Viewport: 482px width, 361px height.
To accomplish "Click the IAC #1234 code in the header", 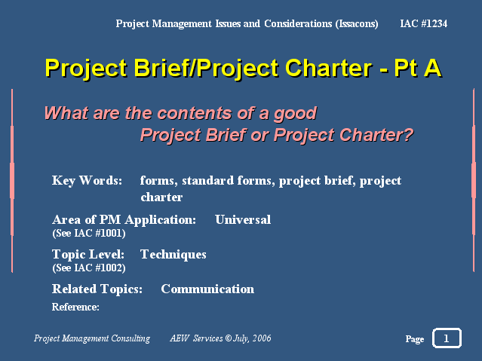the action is (x=424, y=23).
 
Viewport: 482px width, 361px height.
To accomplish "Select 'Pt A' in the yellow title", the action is (x=418, y=68).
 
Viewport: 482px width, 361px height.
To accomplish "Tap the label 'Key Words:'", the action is (x=87, y=181).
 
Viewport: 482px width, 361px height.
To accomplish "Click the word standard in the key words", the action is (x=207, y=181).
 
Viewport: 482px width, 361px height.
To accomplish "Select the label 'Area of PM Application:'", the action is (x=124, y=220).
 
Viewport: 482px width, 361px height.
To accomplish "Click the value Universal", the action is (x=243, y=219).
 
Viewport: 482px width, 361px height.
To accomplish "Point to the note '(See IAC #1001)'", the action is (x=89, y=233).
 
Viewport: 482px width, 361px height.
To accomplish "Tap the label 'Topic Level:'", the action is (x=88, y=255).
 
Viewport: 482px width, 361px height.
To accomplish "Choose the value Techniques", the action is (x=173, y=255).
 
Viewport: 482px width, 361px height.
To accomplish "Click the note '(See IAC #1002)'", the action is (x=89, y=268).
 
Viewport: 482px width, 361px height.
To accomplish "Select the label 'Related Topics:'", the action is (x=97, y=289).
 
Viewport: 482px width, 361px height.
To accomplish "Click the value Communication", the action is (x=207, y=289).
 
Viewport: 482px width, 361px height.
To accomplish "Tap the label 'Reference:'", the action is (x=75, y=307).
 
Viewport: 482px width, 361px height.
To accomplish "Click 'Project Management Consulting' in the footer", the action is (x=92, y=338).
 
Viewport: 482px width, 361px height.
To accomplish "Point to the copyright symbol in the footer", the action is (x=228, y=338).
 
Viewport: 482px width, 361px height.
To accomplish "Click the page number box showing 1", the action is (x=447, y=338).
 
